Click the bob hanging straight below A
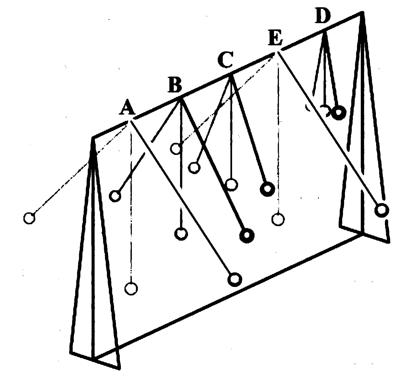131,288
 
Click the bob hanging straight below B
181,233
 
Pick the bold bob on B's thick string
247,236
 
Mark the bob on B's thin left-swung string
115,196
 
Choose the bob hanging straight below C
232,184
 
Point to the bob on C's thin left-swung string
194,167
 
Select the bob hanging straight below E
278,219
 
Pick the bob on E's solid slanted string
382,210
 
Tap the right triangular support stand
363,143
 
